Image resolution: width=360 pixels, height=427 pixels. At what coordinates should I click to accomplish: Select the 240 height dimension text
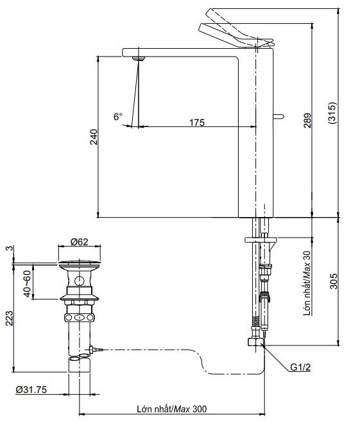pos(94,137)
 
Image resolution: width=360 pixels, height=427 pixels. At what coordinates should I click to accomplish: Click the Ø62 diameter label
pos(79,242)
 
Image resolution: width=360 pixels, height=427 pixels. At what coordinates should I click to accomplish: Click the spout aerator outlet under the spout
pos(135,59)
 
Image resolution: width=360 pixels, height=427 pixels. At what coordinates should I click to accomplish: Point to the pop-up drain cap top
pos(79,263)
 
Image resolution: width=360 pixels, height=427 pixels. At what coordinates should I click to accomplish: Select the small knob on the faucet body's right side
pos(279,116)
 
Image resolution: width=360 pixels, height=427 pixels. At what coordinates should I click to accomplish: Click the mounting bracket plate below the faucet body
pos(260,241)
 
